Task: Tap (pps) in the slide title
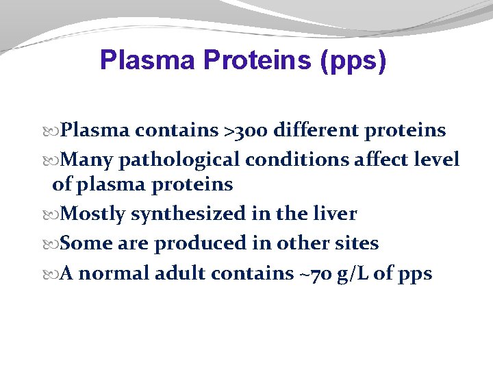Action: [353, 60]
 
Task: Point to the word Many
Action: [88, 160]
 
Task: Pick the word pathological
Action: [179, 160]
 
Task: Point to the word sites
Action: [355, 243]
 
